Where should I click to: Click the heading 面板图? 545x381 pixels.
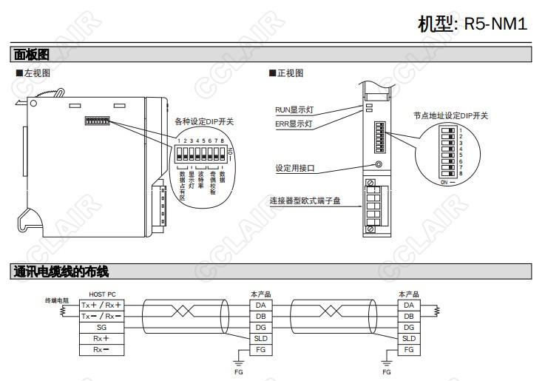click(x=31, y=55)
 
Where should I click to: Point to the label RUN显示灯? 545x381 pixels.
click(x=294, y=110)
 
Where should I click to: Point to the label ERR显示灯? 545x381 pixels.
click(x=294, y=125)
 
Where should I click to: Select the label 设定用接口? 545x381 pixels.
click(x=294, y=168)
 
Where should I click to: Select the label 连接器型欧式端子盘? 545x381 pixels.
click(x=305, y=201)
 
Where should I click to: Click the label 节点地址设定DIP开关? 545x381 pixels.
click(x=450, y=115)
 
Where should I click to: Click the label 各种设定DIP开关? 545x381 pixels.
click(x=203, y=121)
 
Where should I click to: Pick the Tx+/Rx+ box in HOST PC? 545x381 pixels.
click(x=101, y=305)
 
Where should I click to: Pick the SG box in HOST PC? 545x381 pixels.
click(x=101, y=327)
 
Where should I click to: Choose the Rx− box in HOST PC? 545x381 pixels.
click(x=101, y=349)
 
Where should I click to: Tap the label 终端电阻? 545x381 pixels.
click(x=56, y=300)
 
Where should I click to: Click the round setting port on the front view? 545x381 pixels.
click(x=379, y=166)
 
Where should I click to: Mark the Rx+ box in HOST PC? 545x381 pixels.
click(x=101, y=338)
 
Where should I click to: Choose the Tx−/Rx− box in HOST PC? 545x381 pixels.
click(x=101, y=316)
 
